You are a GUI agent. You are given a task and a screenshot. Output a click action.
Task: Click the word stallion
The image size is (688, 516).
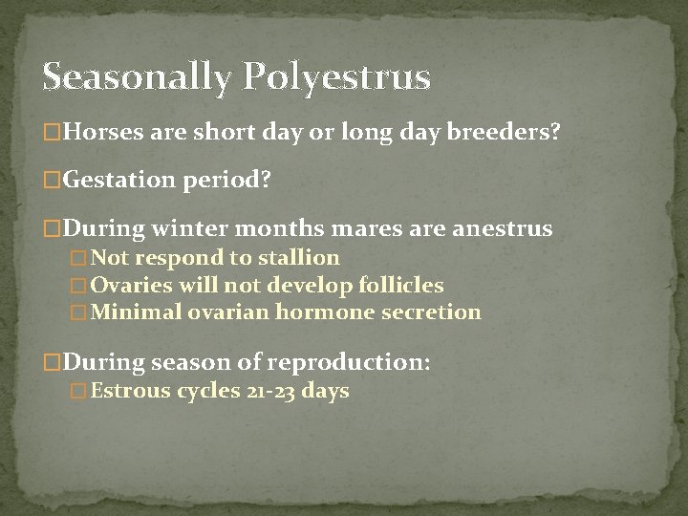297,257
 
